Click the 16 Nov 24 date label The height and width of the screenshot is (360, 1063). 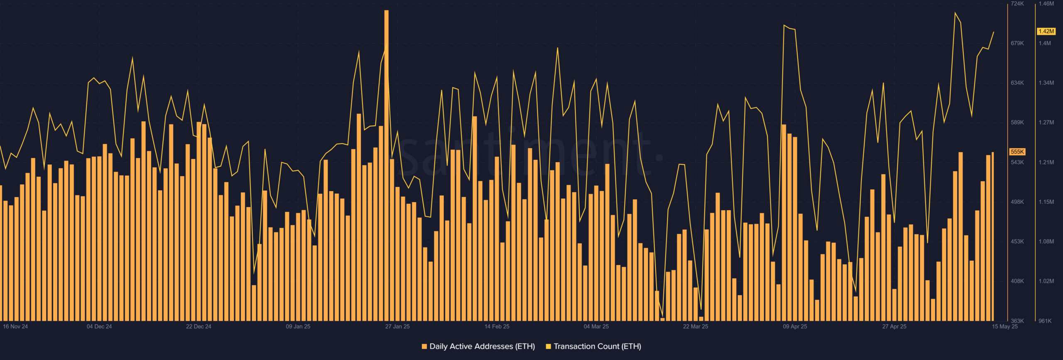coord(15,326)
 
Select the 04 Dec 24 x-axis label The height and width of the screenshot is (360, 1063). coord(99,326)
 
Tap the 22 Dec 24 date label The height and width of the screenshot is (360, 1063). coord(198,326)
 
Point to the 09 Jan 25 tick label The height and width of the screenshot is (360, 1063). coord(298,326)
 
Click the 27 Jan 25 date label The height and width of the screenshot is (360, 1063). coord(397,326)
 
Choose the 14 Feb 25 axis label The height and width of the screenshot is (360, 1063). coord(497,326)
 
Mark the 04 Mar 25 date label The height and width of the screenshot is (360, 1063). coord(596,326)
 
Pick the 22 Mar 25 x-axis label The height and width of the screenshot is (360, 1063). coord(696,326)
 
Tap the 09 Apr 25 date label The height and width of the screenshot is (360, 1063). coord(795,326)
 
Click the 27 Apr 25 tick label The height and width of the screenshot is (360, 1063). coord(894,326)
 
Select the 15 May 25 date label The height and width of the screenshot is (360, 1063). coord(1005,326)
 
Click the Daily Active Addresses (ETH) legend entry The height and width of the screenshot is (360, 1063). coord(478,346)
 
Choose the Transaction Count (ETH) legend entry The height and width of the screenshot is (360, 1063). coord(594,346)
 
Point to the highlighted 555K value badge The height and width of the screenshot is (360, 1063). coord(1017,152)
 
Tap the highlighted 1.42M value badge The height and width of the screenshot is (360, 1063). coord(1046,32)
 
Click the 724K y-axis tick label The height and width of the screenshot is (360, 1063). coord(1017,4)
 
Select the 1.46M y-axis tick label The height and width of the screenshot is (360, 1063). coord(1046,4)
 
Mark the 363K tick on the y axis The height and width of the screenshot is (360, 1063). coord(1017,321)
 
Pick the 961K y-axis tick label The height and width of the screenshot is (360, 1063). coord(1045,321)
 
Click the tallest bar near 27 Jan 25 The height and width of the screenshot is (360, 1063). coord(387,166)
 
